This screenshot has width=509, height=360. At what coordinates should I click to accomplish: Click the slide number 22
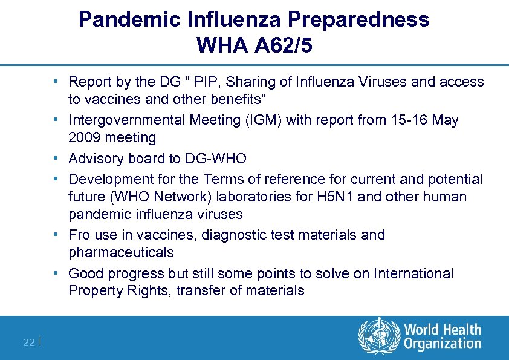28,342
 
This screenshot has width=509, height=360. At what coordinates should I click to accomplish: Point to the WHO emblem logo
379,337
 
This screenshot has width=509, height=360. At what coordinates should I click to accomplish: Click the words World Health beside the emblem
443,330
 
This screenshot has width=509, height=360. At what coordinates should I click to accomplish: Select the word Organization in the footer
443,344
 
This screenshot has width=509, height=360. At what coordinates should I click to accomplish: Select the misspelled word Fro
79,235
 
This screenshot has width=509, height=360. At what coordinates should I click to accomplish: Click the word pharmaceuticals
121,252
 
